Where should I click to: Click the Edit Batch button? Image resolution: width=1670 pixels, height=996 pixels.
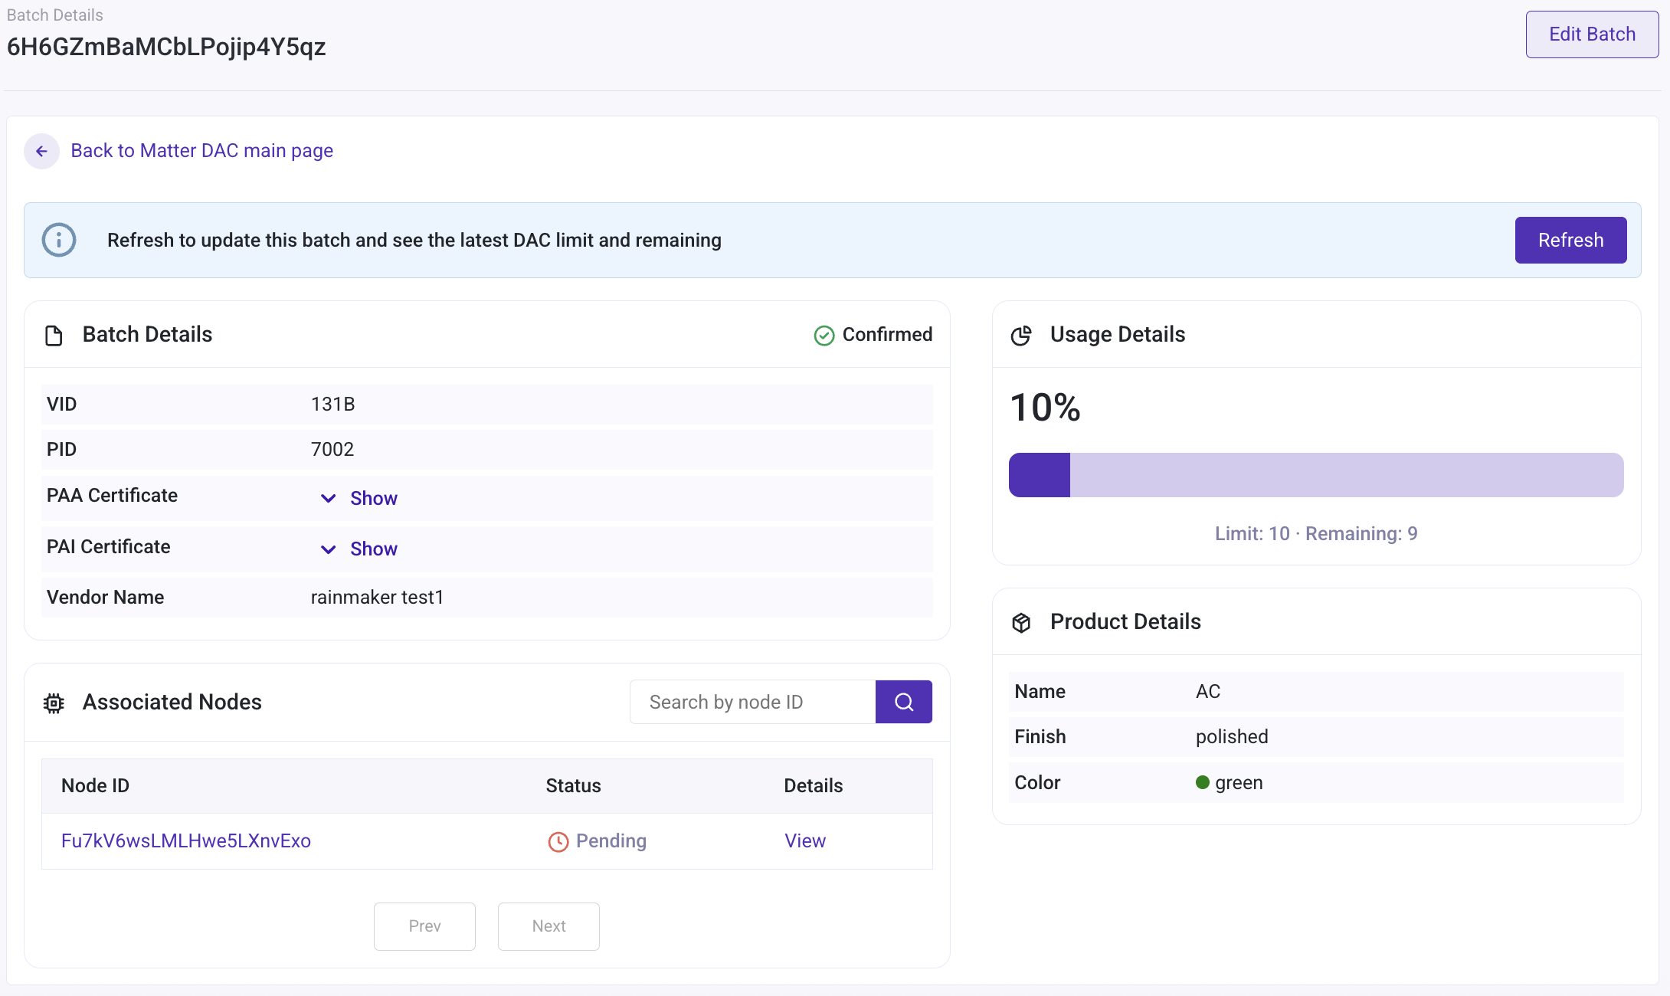coord(1591,34)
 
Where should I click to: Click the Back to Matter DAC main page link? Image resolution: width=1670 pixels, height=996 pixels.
coord(201,151)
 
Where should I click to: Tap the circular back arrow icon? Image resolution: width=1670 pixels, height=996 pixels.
coord(42,152)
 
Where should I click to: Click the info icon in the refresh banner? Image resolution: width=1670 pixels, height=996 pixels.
coord(59,241)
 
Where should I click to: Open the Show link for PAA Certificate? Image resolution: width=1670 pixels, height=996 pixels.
coord(373,499)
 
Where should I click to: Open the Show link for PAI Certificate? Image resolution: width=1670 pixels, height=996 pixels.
coord(373,549)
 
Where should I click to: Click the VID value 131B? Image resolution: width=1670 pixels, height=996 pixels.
coord(332,405)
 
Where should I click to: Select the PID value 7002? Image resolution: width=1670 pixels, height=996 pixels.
coord(332,450)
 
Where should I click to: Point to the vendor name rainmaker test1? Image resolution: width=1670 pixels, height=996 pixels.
coord(377,598)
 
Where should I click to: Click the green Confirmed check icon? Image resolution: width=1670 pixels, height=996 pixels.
coord(824,336)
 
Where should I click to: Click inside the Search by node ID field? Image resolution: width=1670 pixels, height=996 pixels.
coord(752,702)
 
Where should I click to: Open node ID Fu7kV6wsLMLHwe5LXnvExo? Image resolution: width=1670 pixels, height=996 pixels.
coord(186,841)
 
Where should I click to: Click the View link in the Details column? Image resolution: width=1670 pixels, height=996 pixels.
coord(805,841)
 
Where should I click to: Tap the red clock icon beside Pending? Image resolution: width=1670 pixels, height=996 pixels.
coord(558,842)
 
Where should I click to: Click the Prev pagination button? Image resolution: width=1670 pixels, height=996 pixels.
coord(424,926)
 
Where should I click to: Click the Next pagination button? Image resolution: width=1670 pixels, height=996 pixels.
coord(548,926)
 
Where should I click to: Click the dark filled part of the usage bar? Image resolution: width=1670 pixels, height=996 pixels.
coord(1040,475)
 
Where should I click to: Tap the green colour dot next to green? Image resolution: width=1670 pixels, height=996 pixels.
coord(1203,782)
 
